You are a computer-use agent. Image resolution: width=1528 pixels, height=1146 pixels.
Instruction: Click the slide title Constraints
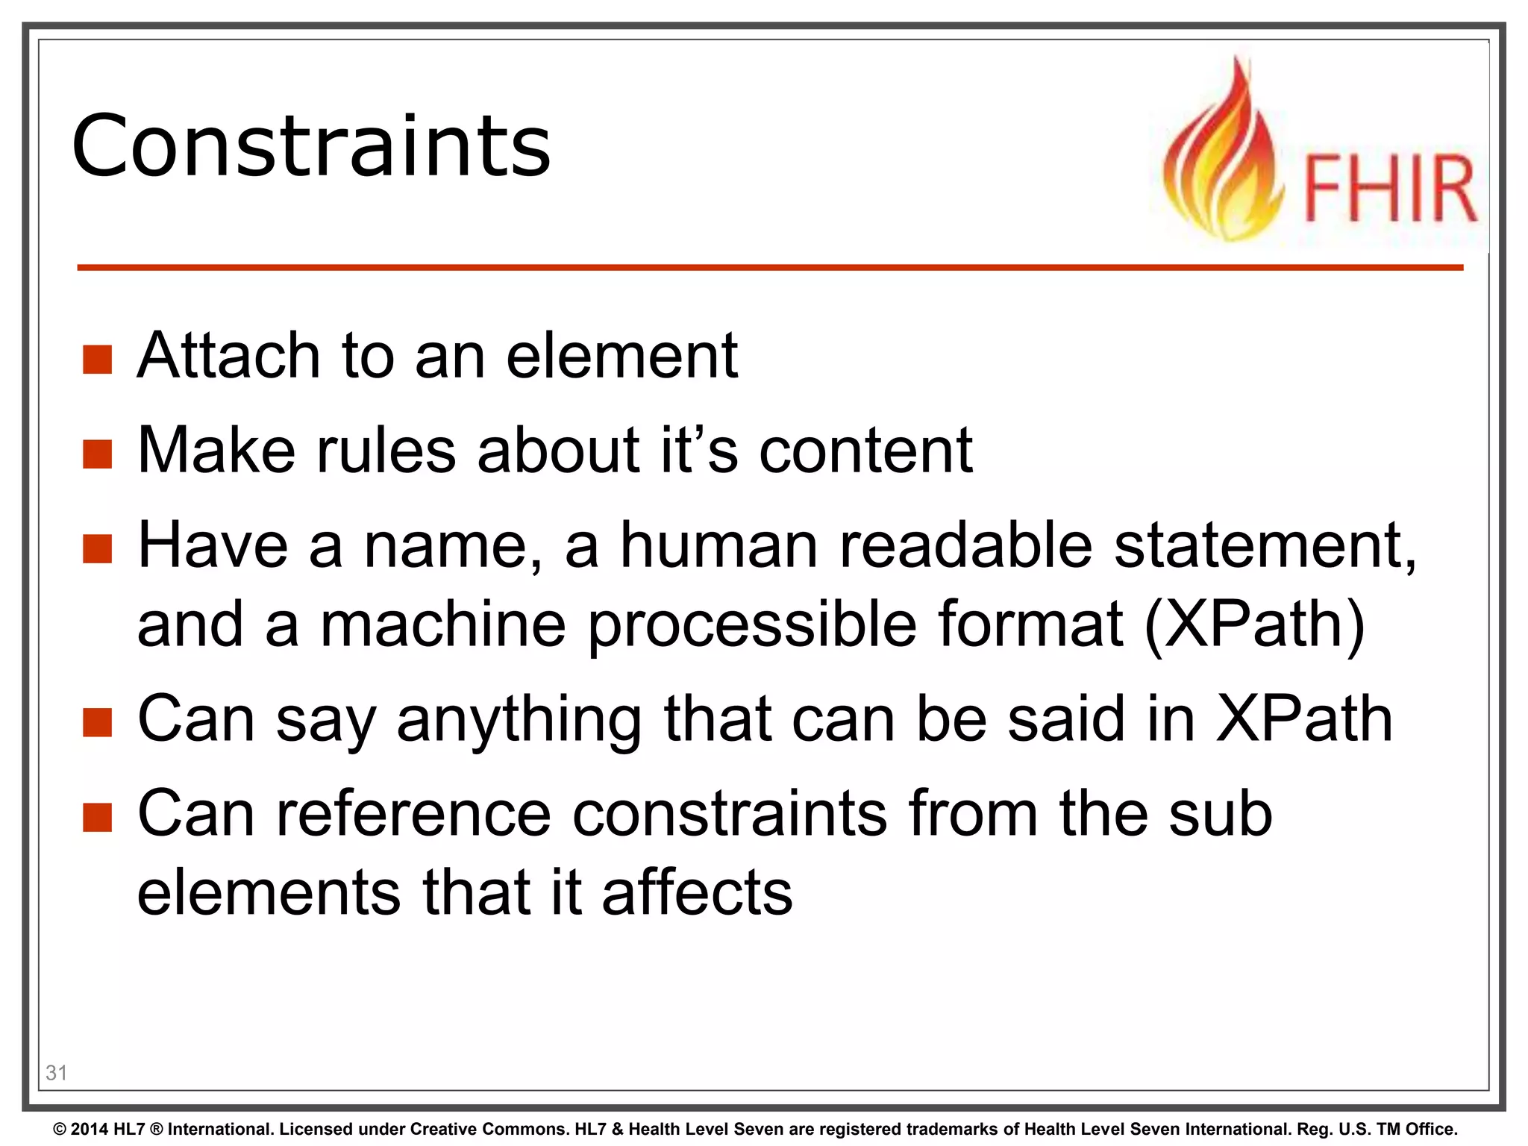311,145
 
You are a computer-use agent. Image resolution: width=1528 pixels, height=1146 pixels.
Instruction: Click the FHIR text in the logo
1389,189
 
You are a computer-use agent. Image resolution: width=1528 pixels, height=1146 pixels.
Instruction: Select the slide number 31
57,1072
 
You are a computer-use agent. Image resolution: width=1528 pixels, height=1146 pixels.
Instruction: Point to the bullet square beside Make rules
98,454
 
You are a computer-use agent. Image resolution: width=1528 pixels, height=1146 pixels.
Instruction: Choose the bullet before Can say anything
98,721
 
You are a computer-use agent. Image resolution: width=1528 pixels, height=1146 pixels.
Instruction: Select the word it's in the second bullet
699,450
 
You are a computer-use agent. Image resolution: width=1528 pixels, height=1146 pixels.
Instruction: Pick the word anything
519,720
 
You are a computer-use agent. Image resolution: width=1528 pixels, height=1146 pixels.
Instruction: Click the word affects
697,892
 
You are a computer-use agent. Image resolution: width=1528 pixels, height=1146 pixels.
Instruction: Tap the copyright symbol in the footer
60,1130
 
